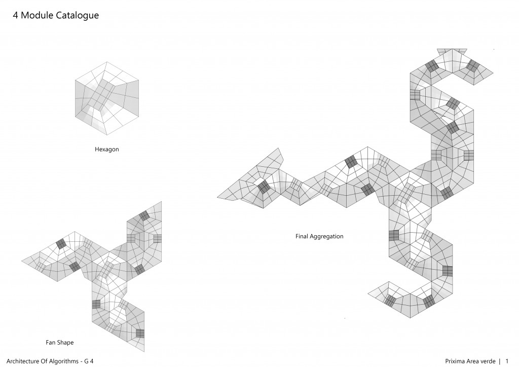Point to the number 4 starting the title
15,15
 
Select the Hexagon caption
106,150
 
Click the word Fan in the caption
50,343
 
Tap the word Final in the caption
302,236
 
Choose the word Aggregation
327,237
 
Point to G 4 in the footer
89,361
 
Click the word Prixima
455,361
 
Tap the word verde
488,361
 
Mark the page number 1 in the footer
507,361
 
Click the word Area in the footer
473,361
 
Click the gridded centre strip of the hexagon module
103,95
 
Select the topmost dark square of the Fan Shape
144,216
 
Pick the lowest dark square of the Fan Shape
140,333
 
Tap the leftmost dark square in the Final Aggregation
264,187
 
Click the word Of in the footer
45,361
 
